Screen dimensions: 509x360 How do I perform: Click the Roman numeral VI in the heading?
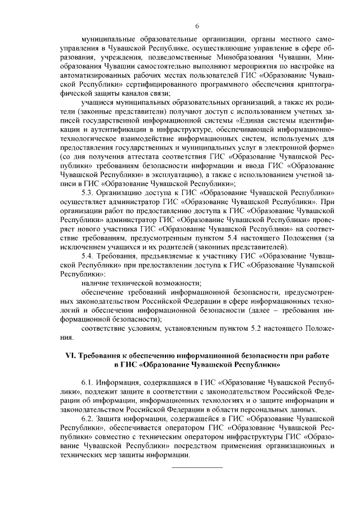tap(71, 357)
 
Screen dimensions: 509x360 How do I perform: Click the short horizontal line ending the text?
tap(197, 467)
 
